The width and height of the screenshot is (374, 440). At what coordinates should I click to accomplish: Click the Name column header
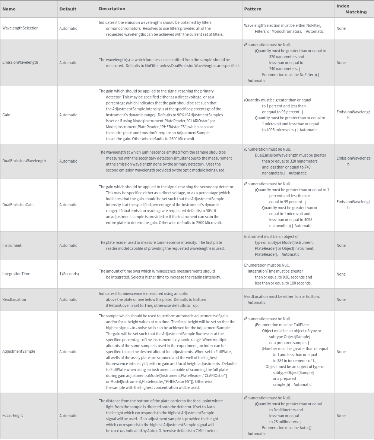pos(9,9)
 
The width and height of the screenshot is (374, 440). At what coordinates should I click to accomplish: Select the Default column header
pos(68,9)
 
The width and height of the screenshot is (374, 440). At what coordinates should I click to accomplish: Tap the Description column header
pos(112,9)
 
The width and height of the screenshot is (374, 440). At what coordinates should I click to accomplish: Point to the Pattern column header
pos(253,9)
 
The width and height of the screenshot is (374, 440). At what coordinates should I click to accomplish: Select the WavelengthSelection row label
pos(20,28)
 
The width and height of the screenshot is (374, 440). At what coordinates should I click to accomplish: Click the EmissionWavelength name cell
pos(20,63)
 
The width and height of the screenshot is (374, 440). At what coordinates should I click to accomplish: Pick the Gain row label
pos(6,115)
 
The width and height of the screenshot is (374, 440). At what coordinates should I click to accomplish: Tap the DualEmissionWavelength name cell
pos(24,161)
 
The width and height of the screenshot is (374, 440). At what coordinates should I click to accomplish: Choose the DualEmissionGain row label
pos(18,205)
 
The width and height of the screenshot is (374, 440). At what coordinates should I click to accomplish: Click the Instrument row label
pos(12,245)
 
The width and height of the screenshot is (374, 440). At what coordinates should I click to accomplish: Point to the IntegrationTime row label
pos(16,274)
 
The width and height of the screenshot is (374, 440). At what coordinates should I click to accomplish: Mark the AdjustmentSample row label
pos(19,352)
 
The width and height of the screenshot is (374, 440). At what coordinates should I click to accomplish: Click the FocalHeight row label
pos(13,416)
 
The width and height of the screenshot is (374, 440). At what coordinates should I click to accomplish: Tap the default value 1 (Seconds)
pos(69,274)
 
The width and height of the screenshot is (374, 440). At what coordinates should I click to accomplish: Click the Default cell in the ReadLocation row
pos(68,299)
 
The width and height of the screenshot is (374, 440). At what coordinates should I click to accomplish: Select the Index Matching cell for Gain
pos(354,115)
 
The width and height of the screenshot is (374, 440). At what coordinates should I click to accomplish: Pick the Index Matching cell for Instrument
pos(341,245)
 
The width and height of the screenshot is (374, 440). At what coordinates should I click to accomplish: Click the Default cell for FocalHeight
pos(68,416)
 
